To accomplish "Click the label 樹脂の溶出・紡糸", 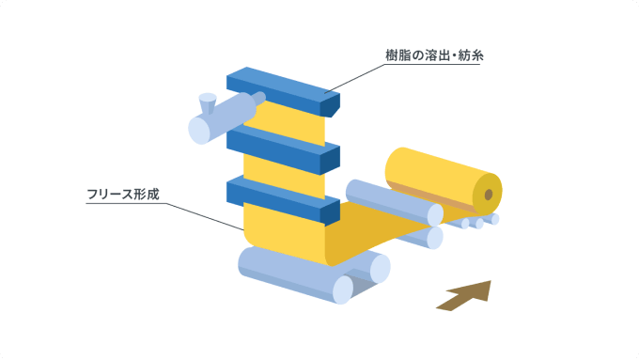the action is (434, 55).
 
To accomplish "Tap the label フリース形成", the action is (123, 194).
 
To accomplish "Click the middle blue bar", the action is (283, 149).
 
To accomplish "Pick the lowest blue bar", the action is (283, 200).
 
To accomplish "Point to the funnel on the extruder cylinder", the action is (208, 103).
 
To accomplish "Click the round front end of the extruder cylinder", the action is (199, 131).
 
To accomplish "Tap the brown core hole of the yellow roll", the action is (489, 195).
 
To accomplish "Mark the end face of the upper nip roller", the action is (435, 215).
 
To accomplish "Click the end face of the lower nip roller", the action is (435, 238).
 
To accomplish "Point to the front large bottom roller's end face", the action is (343, 290).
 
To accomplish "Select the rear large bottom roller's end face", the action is (380, 268).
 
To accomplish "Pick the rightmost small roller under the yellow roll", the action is (494, 219).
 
